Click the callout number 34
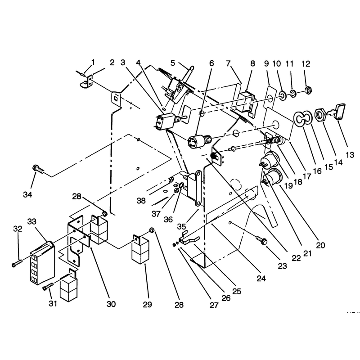27,195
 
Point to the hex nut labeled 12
308,89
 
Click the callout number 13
350,155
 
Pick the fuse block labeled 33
42,261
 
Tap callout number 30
111,304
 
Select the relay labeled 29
140,249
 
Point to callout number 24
261,279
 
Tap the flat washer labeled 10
282,95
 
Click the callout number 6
211,63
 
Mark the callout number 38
141,201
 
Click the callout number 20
320,245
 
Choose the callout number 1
93,62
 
